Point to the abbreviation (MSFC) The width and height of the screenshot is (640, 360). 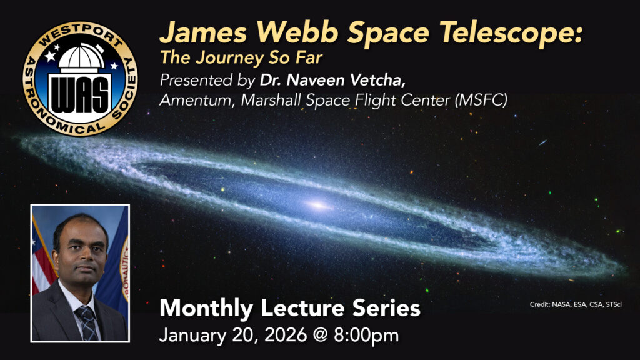coord(482,100)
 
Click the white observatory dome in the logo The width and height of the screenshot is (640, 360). coord(81,57)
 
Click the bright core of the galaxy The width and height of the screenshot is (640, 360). coord(317,205)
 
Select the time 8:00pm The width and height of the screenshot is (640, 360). coord(366,336)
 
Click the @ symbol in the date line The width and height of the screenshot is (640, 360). coord(321,336)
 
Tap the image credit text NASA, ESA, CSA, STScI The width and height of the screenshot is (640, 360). coord(586,304)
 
